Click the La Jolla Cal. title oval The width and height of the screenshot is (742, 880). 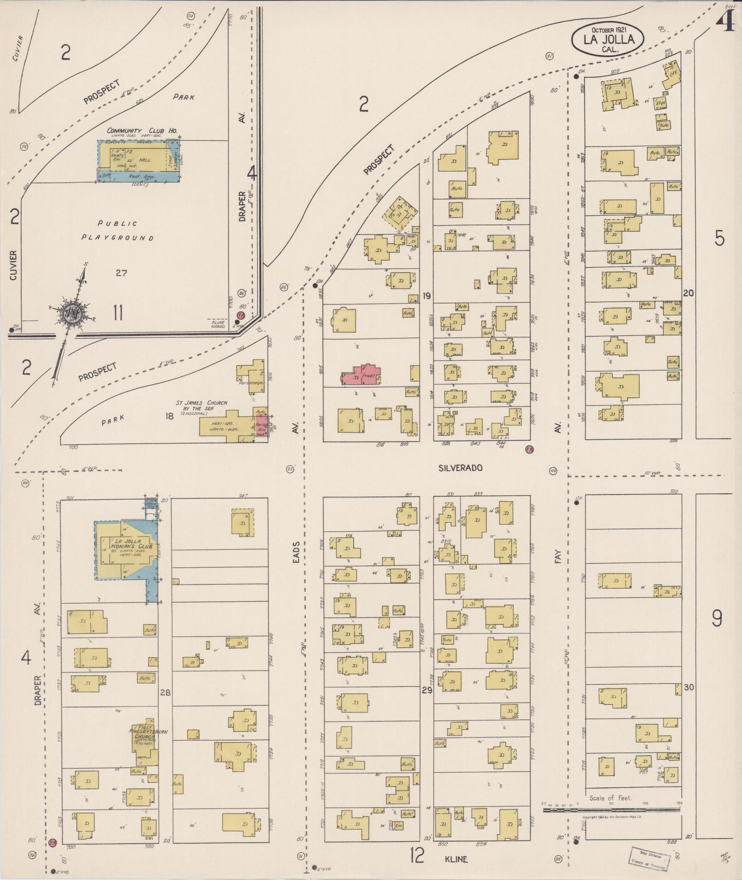(608, 39)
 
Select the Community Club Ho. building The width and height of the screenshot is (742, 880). (139, 160)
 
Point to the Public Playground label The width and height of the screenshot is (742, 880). (118, 231)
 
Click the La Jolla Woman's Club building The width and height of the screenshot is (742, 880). (125, 550)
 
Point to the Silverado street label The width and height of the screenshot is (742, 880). (460, 468)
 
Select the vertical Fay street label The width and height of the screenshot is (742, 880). (558, 557)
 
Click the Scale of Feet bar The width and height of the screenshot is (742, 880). (611, 810)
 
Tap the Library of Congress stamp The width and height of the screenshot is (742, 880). (650, 858)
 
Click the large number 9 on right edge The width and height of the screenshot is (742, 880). (717, 619)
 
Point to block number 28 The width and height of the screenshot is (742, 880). (165, 693)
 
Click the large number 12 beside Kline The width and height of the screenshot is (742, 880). (417, 856)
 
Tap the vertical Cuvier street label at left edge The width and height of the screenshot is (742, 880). (13, 265)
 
